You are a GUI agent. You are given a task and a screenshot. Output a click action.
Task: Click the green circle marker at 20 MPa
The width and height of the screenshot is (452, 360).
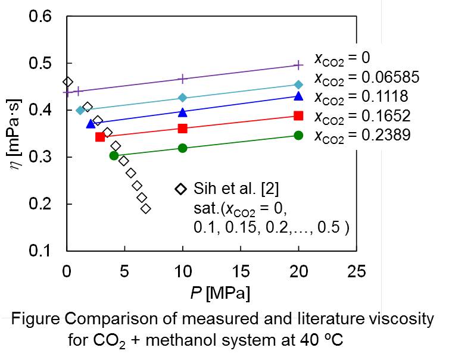[298, 135]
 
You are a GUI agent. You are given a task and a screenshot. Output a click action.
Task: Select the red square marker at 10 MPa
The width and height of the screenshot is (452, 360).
[183, 128]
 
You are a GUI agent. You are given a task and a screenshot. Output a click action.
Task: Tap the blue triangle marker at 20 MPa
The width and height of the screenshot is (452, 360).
[298, 96]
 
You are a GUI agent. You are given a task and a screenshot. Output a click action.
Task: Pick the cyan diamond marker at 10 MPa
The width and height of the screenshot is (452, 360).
[183, 98]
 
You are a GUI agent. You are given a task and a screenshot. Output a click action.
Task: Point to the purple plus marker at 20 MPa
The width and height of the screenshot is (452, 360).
[298, 65]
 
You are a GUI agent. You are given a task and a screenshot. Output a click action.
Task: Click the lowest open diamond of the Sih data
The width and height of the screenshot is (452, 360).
[146, 208]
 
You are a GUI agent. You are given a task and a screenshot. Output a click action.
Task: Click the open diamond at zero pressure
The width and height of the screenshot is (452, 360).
[67, 82]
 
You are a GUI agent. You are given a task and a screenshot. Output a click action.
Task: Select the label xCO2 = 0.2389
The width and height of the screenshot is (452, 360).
[362, 135]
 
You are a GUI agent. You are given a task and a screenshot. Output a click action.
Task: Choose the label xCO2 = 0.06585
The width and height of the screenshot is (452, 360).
[367, 77]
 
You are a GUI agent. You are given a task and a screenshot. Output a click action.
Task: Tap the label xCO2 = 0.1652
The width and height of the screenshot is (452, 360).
[362, 115]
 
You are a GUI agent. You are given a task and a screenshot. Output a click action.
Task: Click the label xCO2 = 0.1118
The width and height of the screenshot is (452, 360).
[362, 96]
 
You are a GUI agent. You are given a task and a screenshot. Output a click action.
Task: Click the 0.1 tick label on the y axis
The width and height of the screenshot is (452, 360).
[44, 251]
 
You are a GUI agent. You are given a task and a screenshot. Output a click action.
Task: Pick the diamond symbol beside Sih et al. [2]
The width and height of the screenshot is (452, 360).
[180, 189]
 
